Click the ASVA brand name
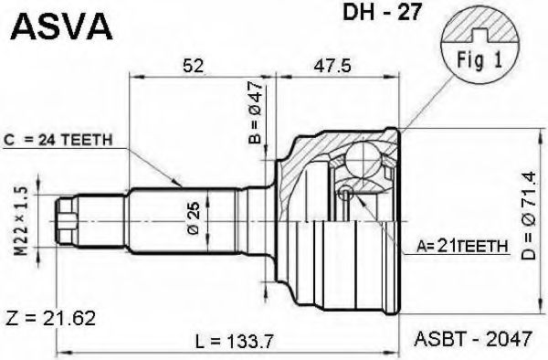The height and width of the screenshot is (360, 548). click(61, 26)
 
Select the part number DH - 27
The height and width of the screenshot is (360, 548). click(382, 13)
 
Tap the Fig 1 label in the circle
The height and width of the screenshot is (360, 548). click(479, 59)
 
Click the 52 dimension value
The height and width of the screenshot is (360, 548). click(194, 66)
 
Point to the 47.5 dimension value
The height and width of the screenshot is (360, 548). click(332, 66)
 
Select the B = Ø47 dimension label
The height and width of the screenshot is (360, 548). click(256, 112)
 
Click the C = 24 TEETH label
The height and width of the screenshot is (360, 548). click(58, 140)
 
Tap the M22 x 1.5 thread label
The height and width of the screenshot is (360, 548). click(22, 221)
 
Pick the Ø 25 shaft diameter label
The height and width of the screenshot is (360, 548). click(194, 217)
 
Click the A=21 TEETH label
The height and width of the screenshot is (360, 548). click(462, 247)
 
